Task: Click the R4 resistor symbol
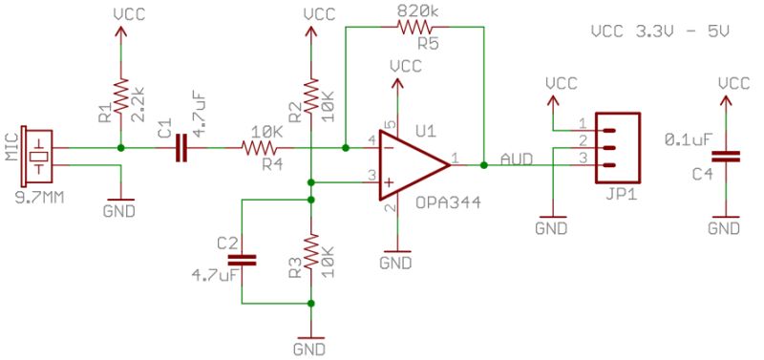point(259,148)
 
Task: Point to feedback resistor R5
point(416,28)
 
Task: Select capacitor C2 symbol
point(242,259)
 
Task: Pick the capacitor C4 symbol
point(731,157)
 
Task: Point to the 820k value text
point(416,11)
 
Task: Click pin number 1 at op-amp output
point(455,158)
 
